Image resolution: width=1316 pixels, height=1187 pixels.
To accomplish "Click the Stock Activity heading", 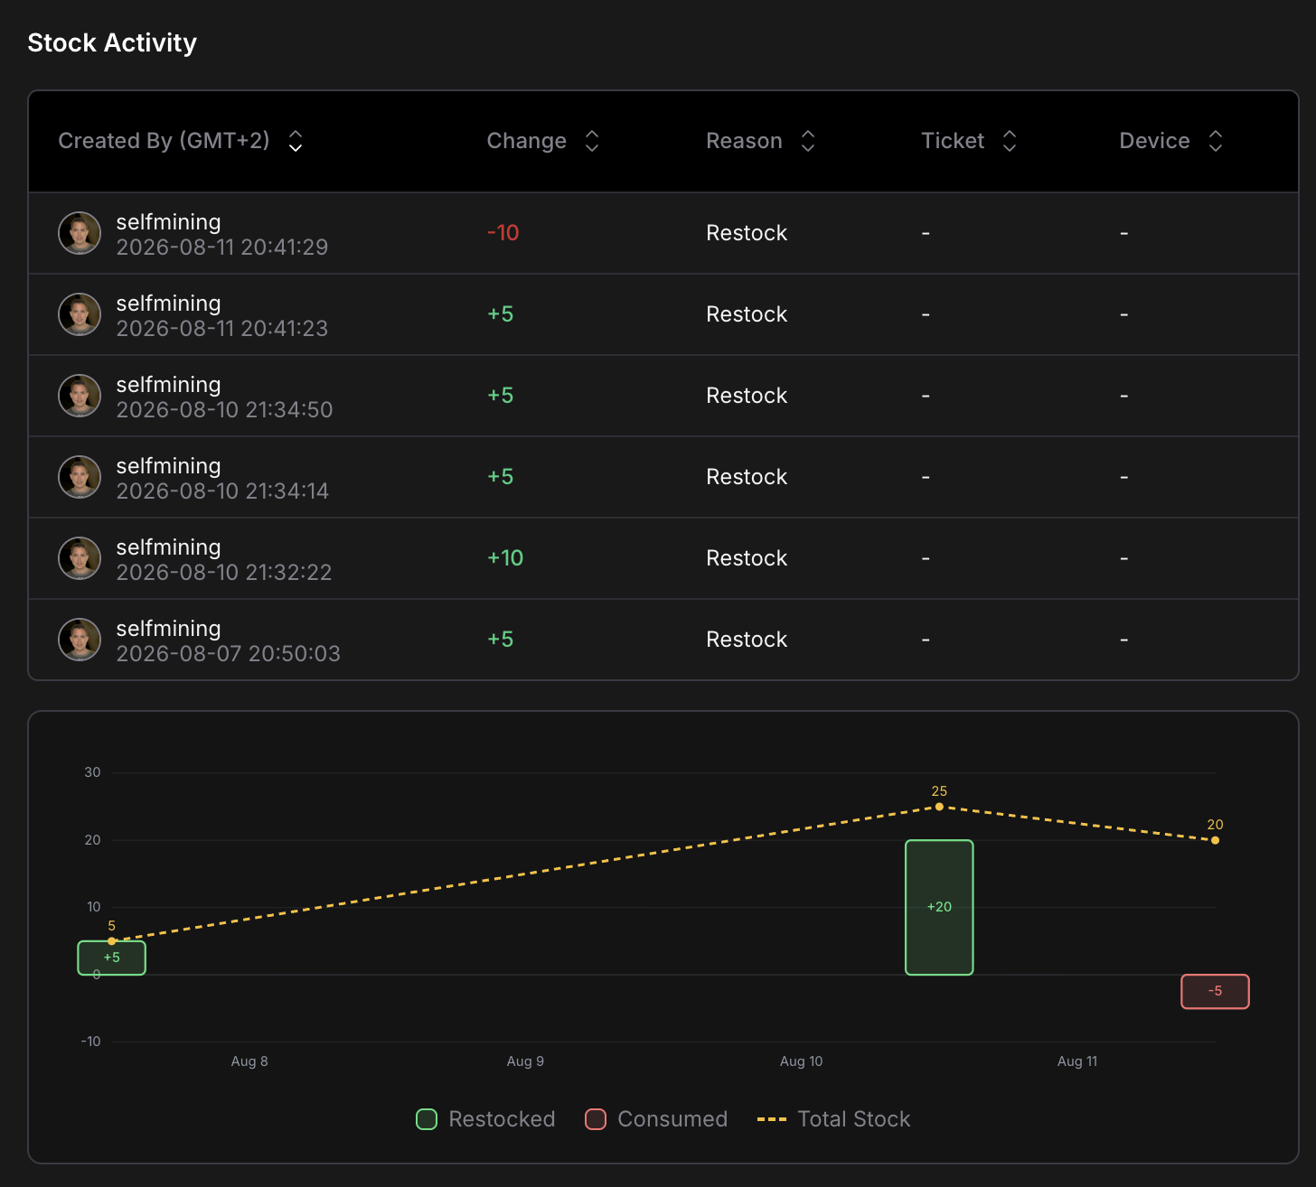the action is [112, 42].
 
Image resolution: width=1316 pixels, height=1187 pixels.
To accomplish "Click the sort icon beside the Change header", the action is [592, 141].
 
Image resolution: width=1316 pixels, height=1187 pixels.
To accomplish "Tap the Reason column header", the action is [744, 141].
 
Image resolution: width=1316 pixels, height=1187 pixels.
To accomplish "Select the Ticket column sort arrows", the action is [1010, 141].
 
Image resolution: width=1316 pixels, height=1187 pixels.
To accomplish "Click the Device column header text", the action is [1154, 141].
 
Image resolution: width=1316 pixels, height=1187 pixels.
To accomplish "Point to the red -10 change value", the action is [503, 233].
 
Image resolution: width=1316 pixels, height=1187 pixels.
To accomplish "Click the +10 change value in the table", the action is [505, 558].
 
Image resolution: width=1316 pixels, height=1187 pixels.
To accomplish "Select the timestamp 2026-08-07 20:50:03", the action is [229, 653].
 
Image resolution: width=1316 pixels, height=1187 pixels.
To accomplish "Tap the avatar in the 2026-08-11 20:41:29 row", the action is [80, 233].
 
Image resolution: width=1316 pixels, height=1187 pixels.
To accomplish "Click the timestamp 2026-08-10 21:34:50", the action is [224, 409].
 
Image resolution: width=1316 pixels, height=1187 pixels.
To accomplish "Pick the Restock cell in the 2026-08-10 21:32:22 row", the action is [747, 558].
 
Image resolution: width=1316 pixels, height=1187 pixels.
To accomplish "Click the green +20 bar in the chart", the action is [939, 907].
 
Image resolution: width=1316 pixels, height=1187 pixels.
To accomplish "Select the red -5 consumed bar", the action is [1215, 992].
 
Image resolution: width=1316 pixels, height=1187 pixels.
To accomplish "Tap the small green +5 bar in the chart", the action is [111, 958].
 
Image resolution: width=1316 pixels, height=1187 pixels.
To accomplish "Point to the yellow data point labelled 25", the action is [939, 807].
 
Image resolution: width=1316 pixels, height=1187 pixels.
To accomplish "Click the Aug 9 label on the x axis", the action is [525, 1061].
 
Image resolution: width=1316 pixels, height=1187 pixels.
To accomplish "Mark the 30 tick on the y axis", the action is [92, 771].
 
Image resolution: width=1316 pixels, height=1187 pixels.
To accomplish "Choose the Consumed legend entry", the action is [656, 1118].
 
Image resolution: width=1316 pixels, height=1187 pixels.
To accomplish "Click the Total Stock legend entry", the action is [834, 1118].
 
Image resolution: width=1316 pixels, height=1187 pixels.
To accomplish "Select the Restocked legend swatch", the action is [427, 1119].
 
